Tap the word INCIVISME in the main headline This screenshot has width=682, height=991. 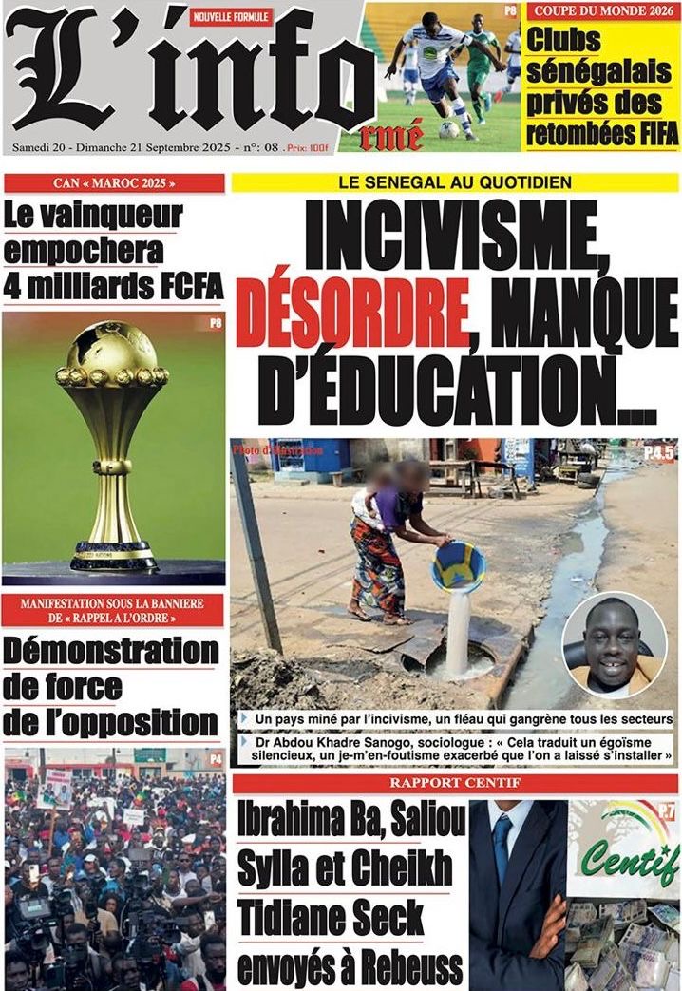[455, 239]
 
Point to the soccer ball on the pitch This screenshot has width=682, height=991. [448, 130]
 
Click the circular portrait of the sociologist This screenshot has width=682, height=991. [614, 645]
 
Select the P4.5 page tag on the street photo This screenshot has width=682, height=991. [658, 453]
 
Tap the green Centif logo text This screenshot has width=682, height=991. [630, 860]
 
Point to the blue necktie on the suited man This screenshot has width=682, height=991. [502, 847]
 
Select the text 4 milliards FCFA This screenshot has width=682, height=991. [112, 284]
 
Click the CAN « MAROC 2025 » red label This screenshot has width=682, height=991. [114, 182]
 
